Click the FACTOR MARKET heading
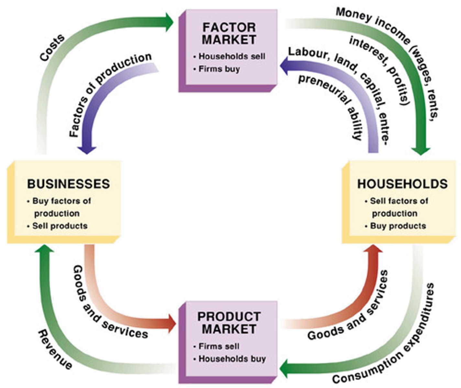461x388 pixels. click(229, 33)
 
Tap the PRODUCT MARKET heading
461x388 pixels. click(229, 323)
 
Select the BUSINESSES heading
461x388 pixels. click(68, 184)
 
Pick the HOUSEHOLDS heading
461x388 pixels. click(402, 184)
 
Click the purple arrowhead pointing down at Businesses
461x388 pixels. click(87, 149)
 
